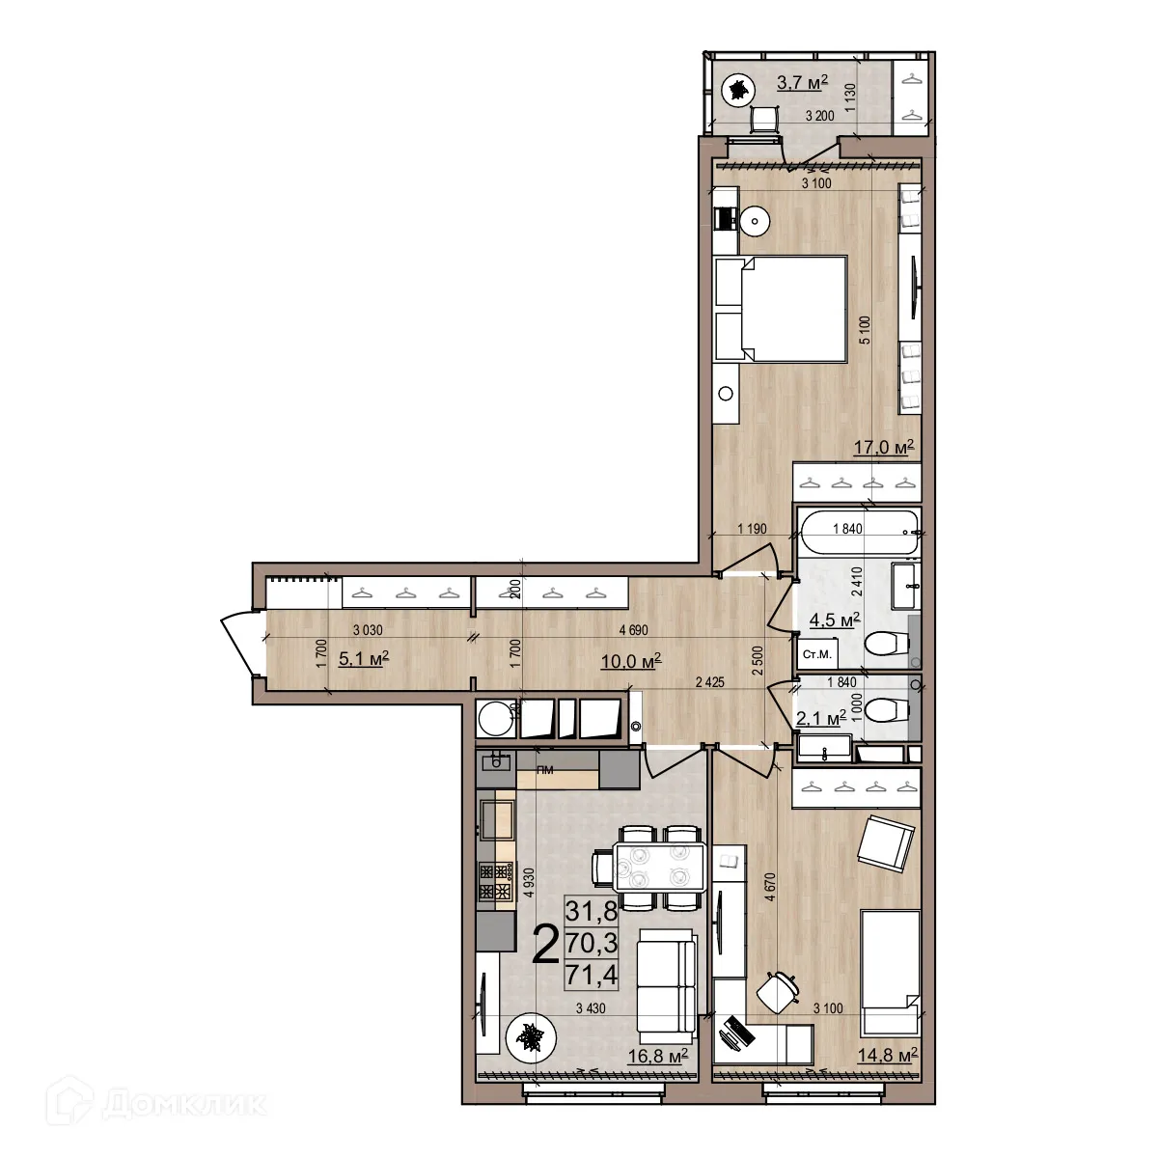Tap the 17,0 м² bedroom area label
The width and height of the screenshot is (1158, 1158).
882,447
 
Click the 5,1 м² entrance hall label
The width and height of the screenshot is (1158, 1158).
364,658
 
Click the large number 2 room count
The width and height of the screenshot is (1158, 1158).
545,944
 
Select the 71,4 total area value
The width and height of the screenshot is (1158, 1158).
595,976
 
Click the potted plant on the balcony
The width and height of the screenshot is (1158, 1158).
738,92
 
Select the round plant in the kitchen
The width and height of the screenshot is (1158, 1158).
528,1038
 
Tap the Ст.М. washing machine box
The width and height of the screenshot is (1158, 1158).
816,655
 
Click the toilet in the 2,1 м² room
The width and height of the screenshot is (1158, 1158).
886,711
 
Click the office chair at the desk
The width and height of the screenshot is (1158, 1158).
779,991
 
